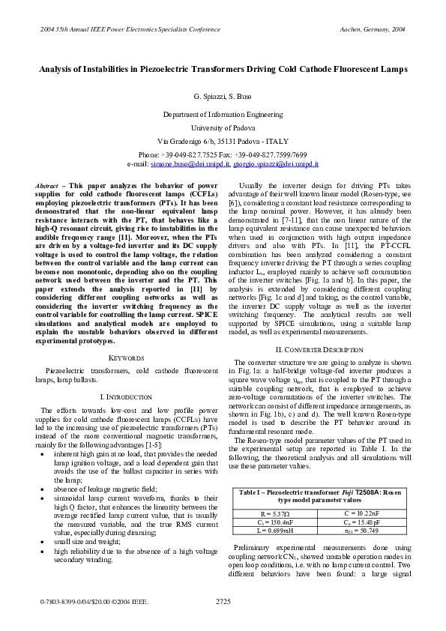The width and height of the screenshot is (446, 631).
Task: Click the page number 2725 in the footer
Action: (223, 601)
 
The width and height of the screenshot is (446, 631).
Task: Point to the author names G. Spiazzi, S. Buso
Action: (223, 98)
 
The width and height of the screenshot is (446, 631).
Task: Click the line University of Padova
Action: (223, 127)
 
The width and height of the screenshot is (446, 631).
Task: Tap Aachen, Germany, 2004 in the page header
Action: (373, 28)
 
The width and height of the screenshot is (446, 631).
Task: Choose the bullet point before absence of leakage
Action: (50, 468)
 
